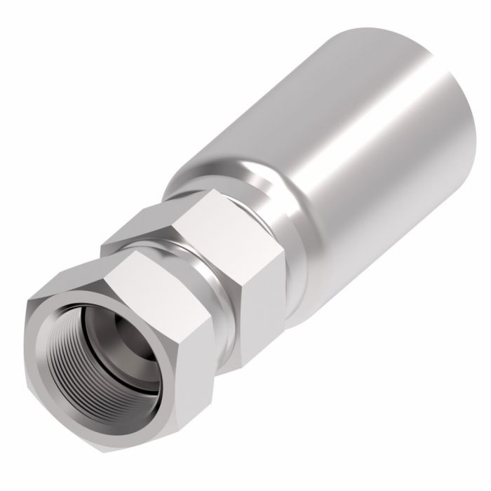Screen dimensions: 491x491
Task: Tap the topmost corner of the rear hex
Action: tap(210, 193)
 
